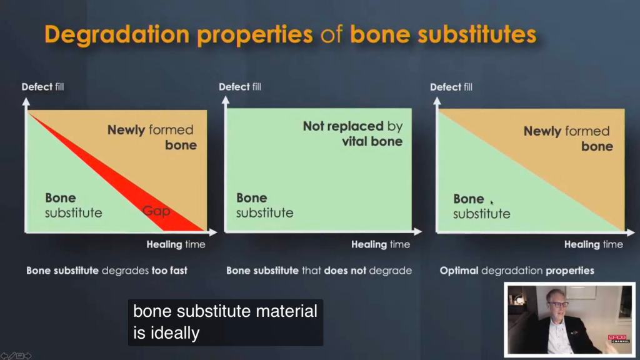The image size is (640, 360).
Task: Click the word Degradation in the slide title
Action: [117, 35]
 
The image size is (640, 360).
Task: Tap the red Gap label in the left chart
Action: [156, 211]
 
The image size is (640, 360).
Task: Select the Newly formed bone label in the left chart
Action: [152, 137]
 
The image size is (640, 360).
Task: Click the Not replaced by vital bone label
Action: [352, 134]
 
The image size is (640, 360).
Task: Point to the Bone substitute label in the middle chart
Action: [264, 205]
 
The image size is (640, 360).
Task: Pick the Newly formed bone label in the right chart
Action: [568, 138]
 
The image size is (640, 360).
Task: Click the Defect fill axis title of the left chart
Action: [42, 86]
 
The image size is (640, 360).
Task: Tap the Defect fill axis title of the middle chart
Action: [239, 86]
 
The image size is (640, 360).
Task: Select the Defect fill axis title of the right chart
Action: [451, 87]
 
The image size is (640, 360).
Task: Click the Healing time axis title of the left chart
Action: [176, 244]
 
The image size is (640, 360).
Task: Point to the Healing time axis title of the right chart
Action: [594, 244]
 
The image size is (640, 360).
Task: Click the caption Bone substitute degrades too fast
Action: [106, 271]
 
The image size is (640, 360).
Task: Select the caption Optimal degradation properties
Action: [517, 271]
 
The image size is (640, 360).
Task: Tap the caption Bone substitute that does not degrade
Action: [319, 271]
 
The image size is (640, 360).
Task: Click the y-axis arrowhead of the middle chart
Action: [225, 100]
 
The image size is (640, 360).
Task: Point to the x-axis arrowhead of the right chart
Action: [631, 232]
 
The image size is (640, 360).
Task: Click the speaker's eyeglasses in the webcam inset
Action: [557, 304]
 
